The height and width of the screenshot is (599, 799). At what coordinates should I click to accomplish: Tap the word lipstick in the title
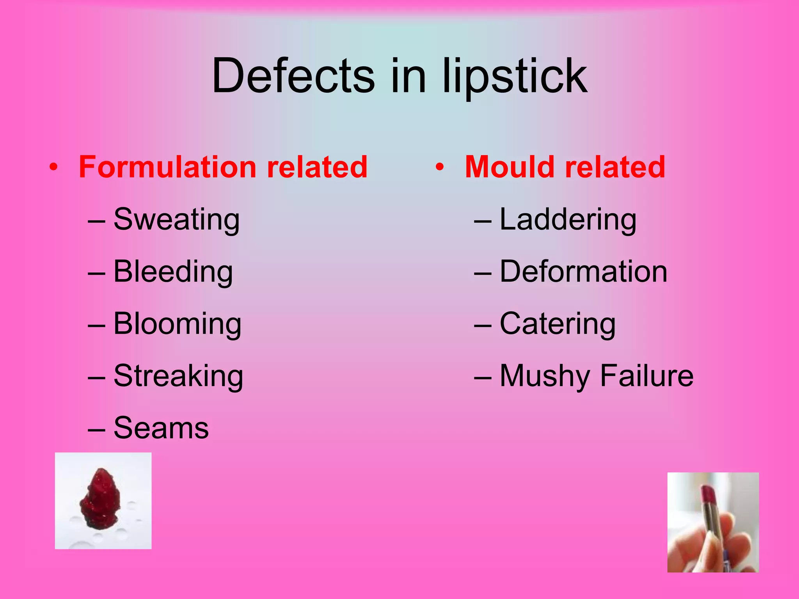pos(515,76)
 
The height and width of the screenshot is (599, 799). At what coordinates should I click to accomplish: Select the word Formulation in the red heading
pos(167,167)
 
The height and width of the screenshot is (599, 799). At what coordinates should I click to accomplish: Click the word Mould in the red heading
pos(510,167)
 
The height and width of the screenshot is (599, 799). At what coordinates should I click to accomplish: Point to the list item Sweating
pos(176,220)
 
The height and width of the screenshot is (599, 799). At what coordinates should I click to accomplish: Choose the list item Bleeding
pos(173,271)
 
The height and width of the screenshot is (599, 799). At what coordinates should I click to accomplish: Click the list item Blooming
pos(178,324)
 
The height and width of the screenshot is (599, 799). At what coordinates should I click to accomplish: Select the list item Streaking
pos(178,376)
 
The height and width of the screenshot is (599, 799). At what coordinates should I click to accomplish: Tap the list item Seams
pos(161,428)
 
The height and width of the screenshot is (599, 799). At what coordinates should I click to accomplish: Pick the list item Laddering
pos(568,220)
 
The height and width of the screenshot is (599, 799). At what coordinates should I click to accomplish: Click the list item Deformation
pos(583,271)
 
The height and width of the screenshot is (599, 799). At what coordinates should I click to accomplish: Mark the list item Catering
pos(558,324)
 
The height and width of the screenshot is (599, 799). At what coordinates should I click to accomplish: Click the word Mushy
pos(545,376)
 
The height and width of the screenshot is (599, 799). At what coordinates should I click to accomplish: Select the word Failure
pos(647,376)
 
